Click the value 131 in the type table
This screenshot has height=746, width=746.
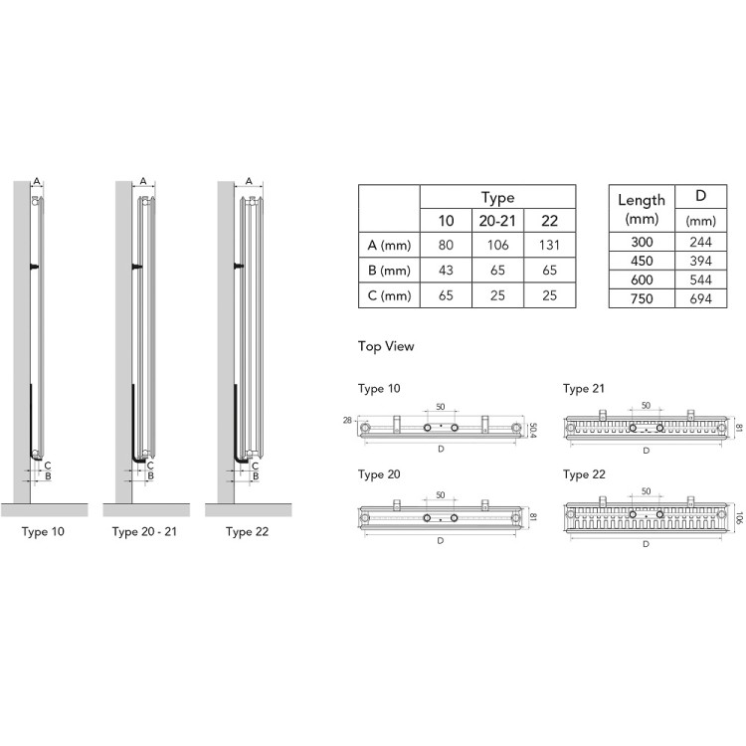tap(549, 245)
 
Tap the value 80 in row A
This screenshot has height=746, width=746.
tap(447, 245)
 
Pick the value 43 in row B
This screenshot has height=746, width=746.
tap(447, 270)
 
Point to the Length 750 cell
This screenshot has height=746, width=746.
tap(641, 298)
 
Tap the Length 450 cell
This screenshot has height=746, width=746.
tap(641, 261)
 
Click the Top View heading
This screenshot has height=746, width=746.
tap(386, 347)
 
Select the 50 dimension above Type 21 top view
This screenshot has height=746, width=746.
tap(646, 406)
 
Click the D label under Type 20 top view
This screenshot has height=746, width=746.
tap(440, 542)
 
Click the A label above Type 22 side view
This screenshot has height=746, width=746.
tap(248, 180)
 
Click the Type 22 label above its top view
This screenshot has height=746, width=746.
tap(583, 475)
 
